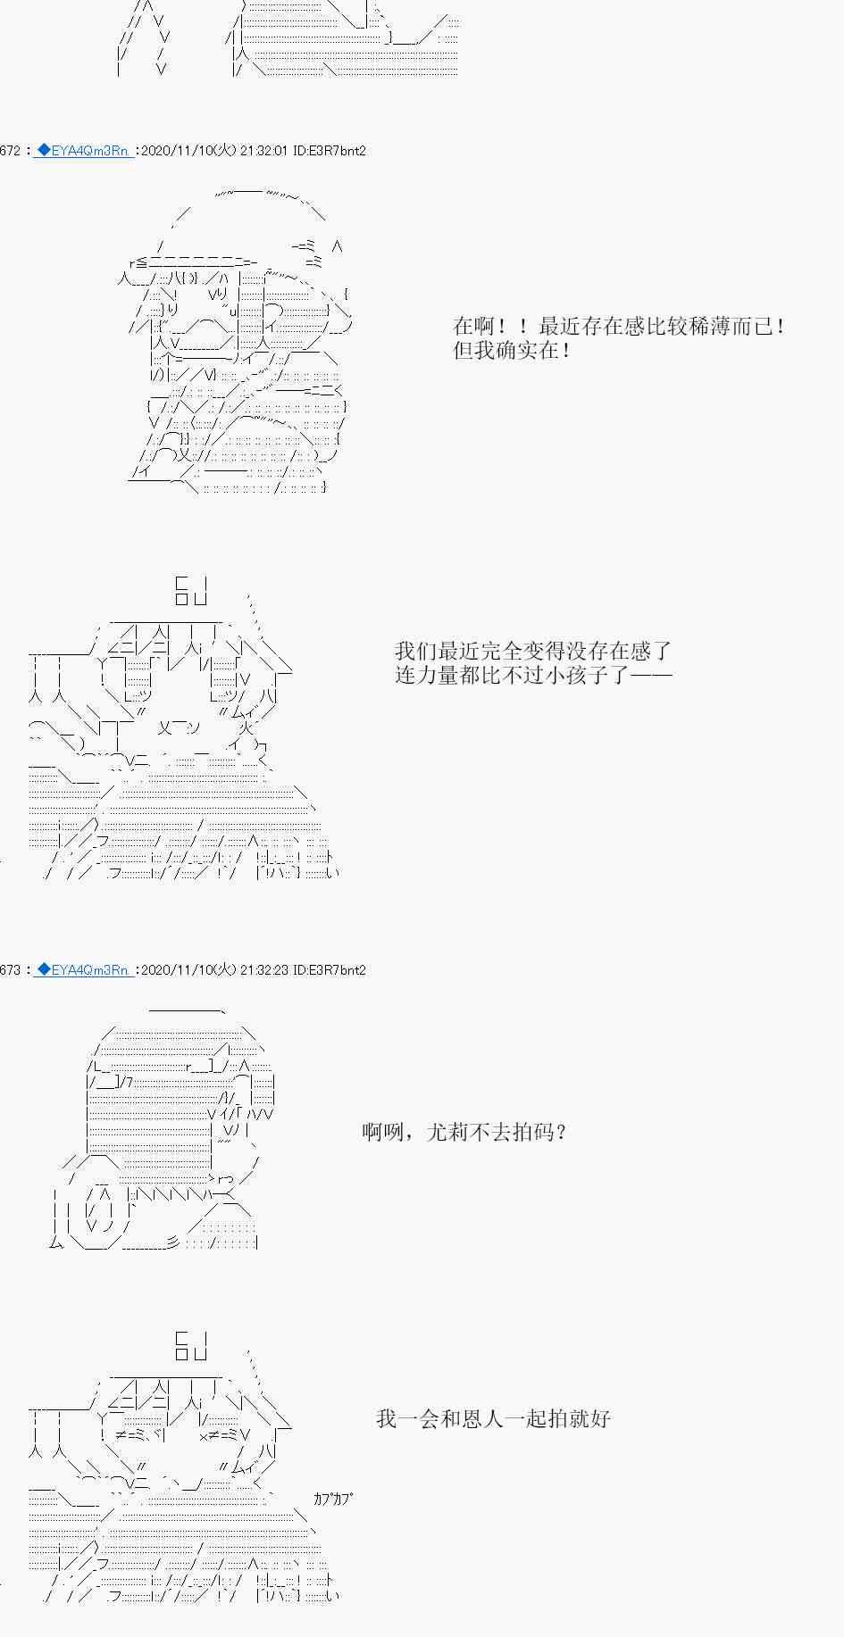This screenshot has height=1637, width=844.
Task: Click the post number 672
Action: click(10, 151)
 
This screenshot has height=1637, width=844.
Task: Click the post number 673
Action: click(10, 969)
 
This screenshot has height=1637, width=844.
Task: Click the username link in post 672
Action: click(83, 151)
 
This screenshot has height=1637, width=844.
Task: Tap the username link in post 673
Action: click(83, 969)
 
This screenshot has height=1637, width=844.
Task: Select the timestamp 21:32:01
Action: click(263, 151)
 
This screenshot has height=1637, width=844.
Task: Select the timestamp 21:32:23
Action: click(263, 969)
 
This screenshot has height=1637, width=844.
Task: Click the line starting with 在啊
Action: click(620, 326)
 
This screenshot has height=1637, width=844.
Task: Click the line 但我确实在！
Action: click(513, 350)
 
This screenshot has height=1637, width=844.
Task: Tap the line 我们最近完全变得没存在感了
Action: click(533, 651)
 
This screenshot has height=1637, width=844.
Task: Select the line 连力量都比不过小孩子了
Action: click(533, 674)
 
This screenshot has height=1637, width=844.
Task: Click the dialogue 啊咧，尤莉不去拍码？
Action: click(464, 1133)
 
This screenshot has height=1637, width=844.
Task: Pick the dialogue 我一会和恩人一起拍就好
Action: click(493, 1418)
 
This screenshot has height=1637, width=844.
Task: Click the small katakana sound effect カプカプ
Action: click(332, 1499)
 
